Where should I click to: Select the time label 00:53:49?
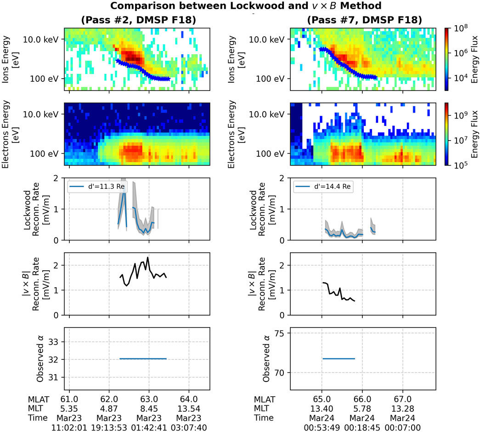(322, 427)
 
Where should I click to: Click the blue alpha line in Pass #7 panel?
(339, 358)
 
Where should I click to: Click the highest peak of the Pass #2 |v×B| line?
(147, 258)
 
